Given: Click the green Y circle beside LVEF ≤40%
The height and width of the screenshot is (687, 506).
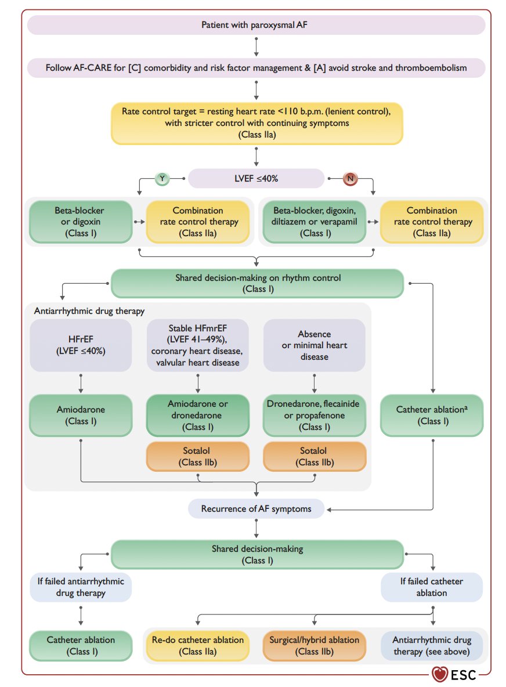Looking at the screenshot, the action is [x=162, y=178].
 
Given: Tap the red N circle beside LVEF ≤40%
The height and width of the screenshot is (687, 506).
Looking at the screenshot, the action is [x=350, y=178].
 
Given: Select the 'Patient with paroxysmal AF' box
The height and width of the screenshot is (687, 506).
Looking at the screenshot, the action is [x=256, y=25].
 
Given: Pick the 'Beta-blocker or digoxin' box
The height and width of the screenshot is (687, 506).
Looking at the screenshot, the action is [x=81, y=222].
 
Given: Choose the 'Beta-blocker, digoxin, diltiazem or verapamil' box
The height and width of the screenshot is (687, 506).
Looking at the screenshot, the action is [x=314, y=222].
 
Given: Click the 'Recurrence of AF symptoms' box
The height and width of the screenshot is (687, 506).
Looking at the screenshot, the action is [x=256, y=509].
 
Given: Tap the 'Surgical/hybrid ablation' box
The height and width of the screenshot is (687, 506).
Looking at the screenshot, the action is [x=314, y=645].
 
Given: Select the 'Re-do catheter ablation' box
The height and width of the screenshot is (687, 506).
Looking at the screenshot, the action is [x=197, y=645].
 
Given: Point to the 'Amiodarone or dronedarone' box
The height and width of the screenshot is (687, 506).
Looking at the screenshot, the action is [x=197, y=415].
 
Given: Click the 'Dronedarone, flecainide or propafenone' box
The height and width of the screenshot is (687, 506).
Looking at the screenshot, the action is [x=314, y=415].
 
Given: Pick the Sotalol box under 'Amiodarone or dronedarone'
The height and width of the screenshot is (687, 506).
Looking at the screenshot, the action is [x=197, y=457].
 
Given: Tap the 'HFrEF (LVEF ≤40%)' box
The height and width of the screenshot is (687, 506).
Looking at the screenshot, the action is [x=81, y=345].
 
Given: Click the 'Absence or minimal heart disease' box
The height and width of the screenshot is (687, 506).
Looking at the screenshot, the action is [x=314, y=345].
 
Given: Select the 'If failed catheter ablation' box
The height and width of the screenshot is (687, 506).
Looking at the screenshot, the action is [x=432, y=587].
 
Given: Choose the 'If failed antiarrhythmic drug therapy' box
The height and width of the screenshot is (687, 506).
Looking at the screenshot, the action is [x=81, y=587].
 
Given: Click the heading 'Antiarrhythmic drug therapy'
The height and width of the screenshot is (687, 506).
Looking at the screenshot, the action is [x=89, y=311].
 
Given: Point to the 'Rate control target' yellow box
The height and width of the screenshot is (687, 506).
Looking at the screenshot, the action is [x=256, y=123].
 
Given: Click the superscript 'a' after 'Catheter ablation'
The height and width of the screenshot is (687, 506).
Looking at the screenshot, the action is [x=466, y=407].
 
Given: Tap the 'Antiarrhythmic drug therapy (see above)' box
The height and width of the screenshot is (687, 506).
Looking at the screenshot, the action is [x=432, y=645].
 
